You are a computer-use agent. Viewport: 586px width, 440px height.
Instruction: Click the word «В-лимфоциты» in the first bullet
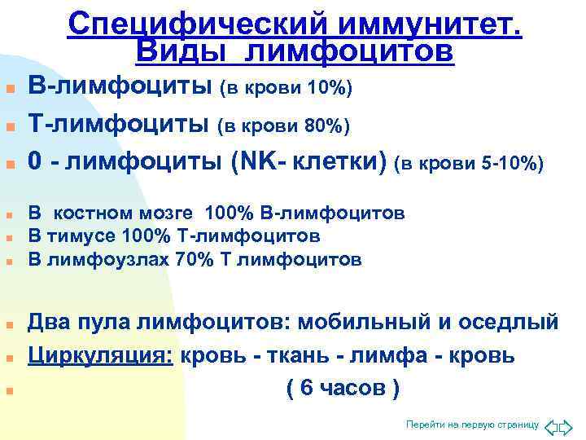120,85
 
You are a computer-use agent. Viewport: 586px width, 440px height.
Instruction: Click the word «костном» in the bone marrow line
98,213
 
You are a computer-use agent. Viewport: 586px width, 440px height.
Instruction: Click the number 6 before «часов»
307,389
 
